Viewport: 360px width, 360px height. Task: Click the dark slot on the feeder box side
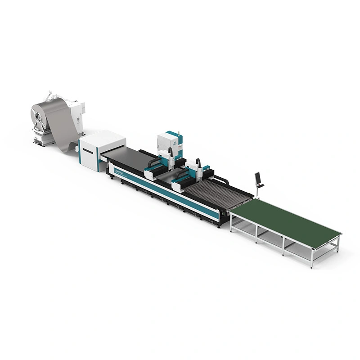pyautogui.click(x=87, y=151)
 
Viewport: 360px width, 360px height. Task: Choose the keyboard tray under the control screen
pyautogui.click(x=260, y=185)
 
